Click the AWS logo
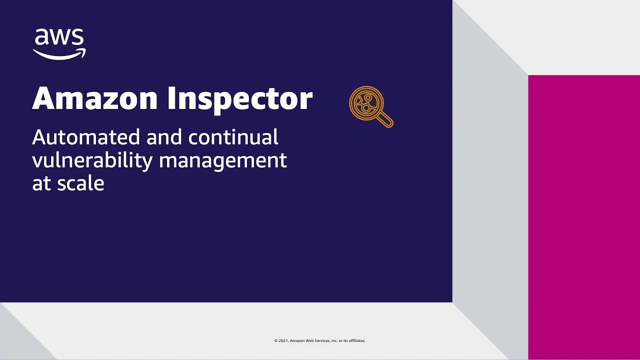click(59, 44)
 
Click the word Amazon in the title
click(95, 98)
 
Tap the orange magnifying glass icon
click(370, 106)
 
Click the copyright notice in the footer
click(320, 341)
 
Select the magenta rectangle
click(584, 217)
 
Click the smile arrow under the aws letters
click(59, 54)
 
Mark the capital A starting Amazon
click(43, 98)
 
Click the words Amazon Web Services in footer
click(310, 341)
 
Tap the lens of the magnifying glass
click(365, 103)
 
